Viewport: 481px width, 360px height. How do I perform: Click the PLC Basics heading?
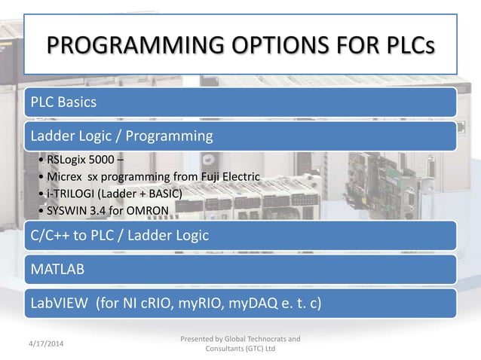pyautogui.click(x=63, y=102)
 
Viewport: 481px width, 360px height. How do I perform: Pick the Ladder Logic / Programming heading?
pyautogui.click(x=121, y=136)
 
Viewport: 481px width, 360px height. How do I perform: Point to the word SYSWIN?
pyautogui.click(x=66, y=209)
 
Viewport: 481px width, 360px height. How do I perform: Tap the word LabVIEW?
pyautogui.click(x=58, y=304)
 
